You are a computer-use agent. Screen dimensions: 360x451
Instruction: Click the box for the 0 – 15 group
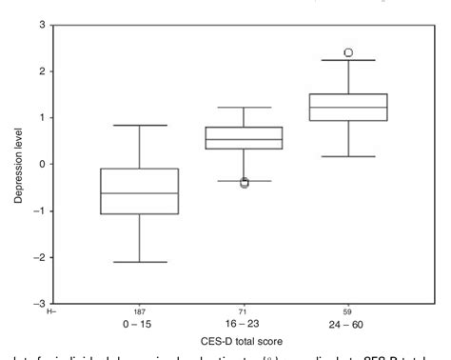click(x=140, y=191)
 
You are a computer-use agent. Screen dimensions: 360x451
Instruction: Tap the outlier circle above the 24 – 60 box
click(x=349, y=52)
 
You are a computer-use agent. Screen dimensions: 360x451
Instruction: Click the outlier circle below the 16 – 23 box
click(x=245, y=182)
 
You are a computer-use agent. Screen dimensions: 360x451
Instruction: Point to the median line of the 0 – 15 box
click(x=140, y=193)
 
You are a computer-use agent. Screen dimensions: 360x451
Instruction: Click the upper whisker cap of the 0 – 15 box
click(x=140, y=125)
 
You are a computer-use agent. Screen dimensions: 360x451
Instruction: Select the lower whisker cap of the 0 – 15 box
click(x=140, y=262)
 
